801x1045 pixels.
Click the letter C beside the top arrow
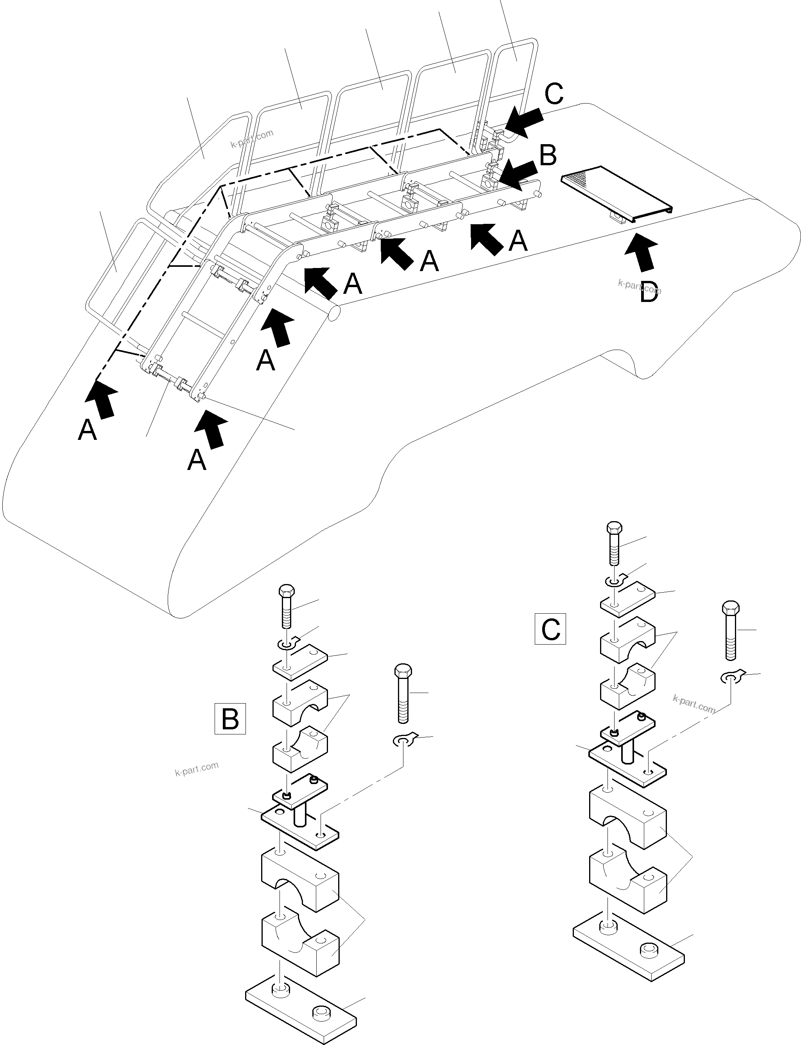[x=554, y=94]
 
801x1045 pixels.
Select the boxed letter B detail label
[x=230, y=718]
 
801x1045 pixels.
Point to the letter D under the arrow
[x=649, y=292]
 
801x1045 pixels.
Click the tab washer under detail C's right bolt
[x=731, y=677]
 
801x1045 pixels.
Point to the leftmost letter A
[x=87, y=430]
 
